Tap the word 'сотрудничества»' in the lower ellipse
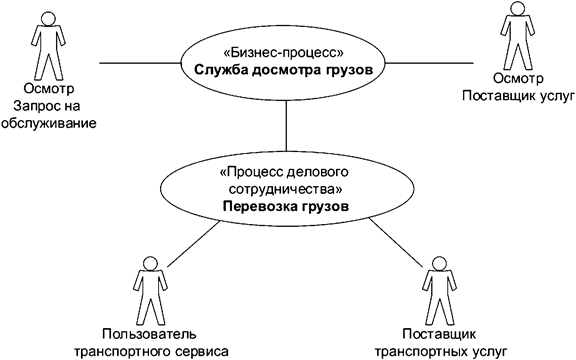(x=286, y=188)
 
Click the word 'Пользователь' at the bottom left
(x=152, y=333)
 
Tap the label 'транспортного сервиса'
(x=152, y=350)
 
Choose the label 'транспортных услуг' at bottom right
(x=440, y=350)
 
